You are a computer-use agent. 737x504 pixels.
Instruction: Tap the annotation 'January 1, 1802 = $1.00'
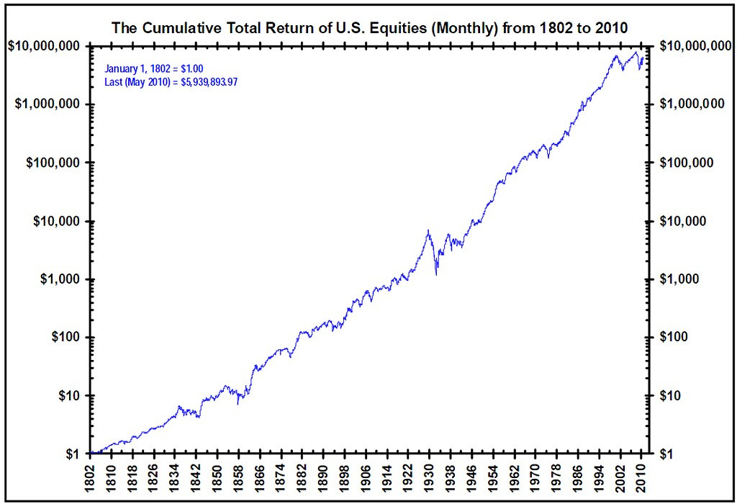153,68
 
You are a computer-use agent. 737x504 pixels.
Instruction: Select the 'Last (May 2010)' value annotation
171,81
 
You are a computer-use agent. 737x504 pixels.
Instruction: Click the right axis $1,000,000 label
692,104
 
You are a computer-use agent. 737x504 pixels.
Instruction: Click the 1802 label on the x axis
92,477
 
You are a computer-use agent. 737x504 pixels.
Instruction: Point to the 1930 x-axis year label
429,477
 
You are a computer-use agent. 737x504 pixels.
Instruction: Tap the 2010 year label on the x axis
641,477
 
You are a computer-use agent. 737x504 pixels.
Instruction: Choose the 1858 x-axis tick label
240,477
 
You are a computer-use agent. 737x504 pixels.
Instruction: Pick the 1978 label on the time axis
556,477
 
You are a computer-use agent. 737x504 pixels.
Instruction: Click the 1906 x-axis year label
366,477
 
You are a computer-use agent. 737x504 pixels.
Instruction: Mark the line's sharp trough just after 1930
436,274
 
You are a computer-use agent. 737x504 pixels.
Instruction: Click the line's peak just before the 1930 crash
428,230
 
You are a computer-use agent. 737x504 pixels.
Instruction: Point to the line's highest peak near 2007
636,53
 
